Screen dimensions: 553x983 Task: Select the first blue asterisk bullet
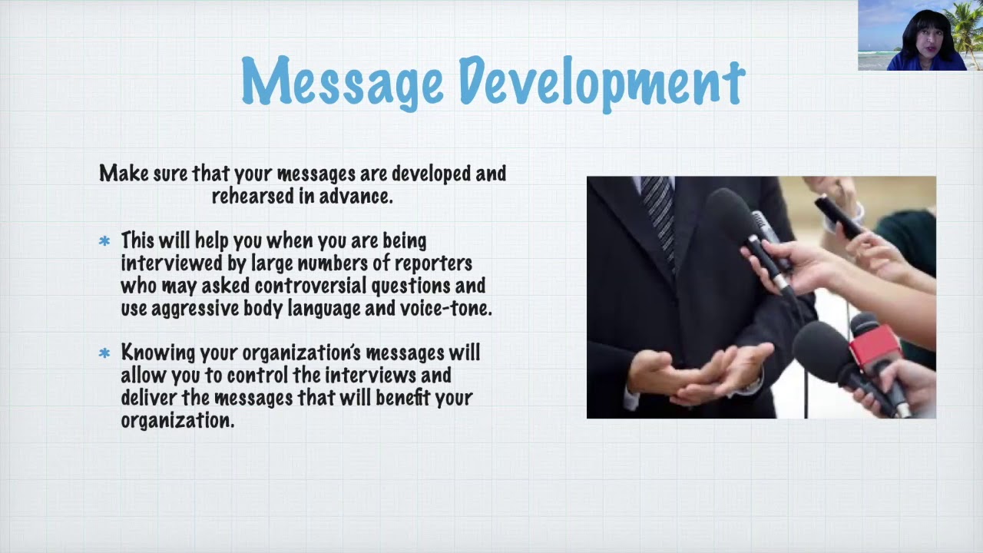tap(104, 242)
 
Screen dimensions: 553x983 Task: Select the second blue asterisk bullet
tap(104, 353)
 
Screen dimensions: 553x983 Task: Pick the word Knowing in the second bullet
tap(158, 353)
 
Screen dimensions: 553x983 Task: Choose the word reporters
tap(432, 263)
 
